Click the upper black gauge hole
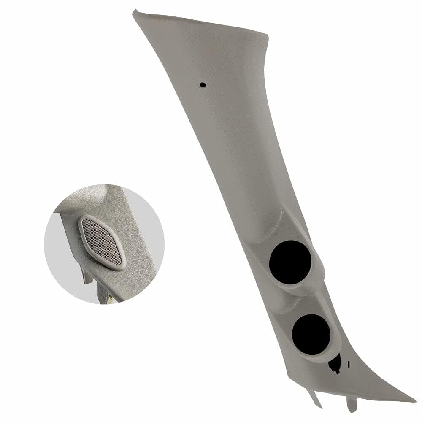pos(290,262)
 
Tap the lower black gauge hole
pos(311,334)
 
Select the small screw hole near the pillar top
pos(203,85)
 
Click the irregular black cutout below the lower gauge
pos(335,364)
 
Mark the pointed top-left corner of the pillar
pos(135,13)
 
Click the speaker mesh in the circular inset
pos(101,242)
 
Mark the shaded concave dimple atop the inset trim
pos(91,198)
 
